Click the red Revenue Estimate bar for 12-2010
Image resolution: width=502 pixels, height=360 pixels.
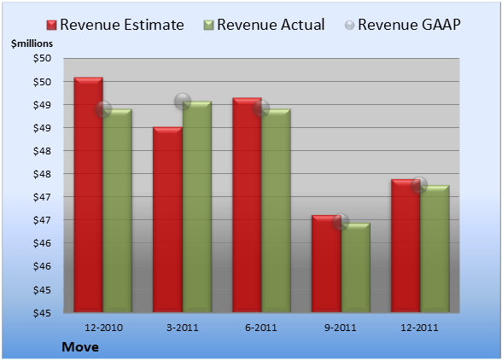(89, 195)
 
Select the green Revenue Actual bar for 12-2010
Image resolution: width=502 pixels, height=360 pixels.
(118, 211)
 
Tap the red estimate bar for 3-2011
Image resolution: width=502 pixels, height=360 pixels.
(167, 219)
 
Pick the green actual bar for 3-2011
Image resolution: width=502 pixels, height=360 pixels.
(197, 206)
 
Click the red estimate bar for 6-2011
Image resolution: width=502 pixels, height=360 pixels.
(248, 205)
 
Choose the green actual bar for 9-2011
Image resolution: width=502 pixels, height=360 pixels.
(356, 268)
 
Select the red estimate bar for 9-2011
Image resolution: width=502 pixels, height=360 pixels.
(326, 264)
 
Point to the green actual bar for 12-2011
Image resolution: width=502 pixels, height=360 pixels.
(435, 248)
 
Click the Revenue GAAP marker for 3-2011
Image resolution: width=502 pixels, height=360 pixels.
(183, 102)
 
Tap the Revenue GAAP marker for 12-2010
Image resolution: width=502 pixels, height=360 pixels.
(103, 109)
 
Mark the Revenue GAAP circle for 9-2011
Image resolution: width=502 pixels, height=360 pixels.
(341, 222)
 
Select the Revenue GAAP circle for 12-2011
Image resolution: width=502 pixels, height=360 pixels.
(419, 185)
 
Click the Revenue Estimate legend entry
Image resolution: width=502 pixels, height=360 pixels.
(115, 25)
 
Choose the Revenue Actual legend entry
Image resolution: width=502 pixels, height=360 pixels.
(264, 25)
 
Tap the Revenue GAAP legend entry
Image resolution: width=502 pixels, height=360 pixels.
(403, 25)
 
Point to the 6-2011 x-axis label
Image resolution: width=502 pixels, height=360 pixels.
(261, 328)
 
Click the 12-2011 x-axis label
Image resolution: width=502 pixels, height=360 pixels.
(419, 328)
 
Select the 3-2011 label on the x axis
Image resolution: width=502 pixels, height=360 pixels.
(183, 328)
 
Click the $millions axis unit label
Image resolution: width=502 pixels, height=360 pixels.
(32, 44)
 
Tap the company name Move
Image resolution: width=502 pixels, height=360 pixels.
(80, 347)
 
